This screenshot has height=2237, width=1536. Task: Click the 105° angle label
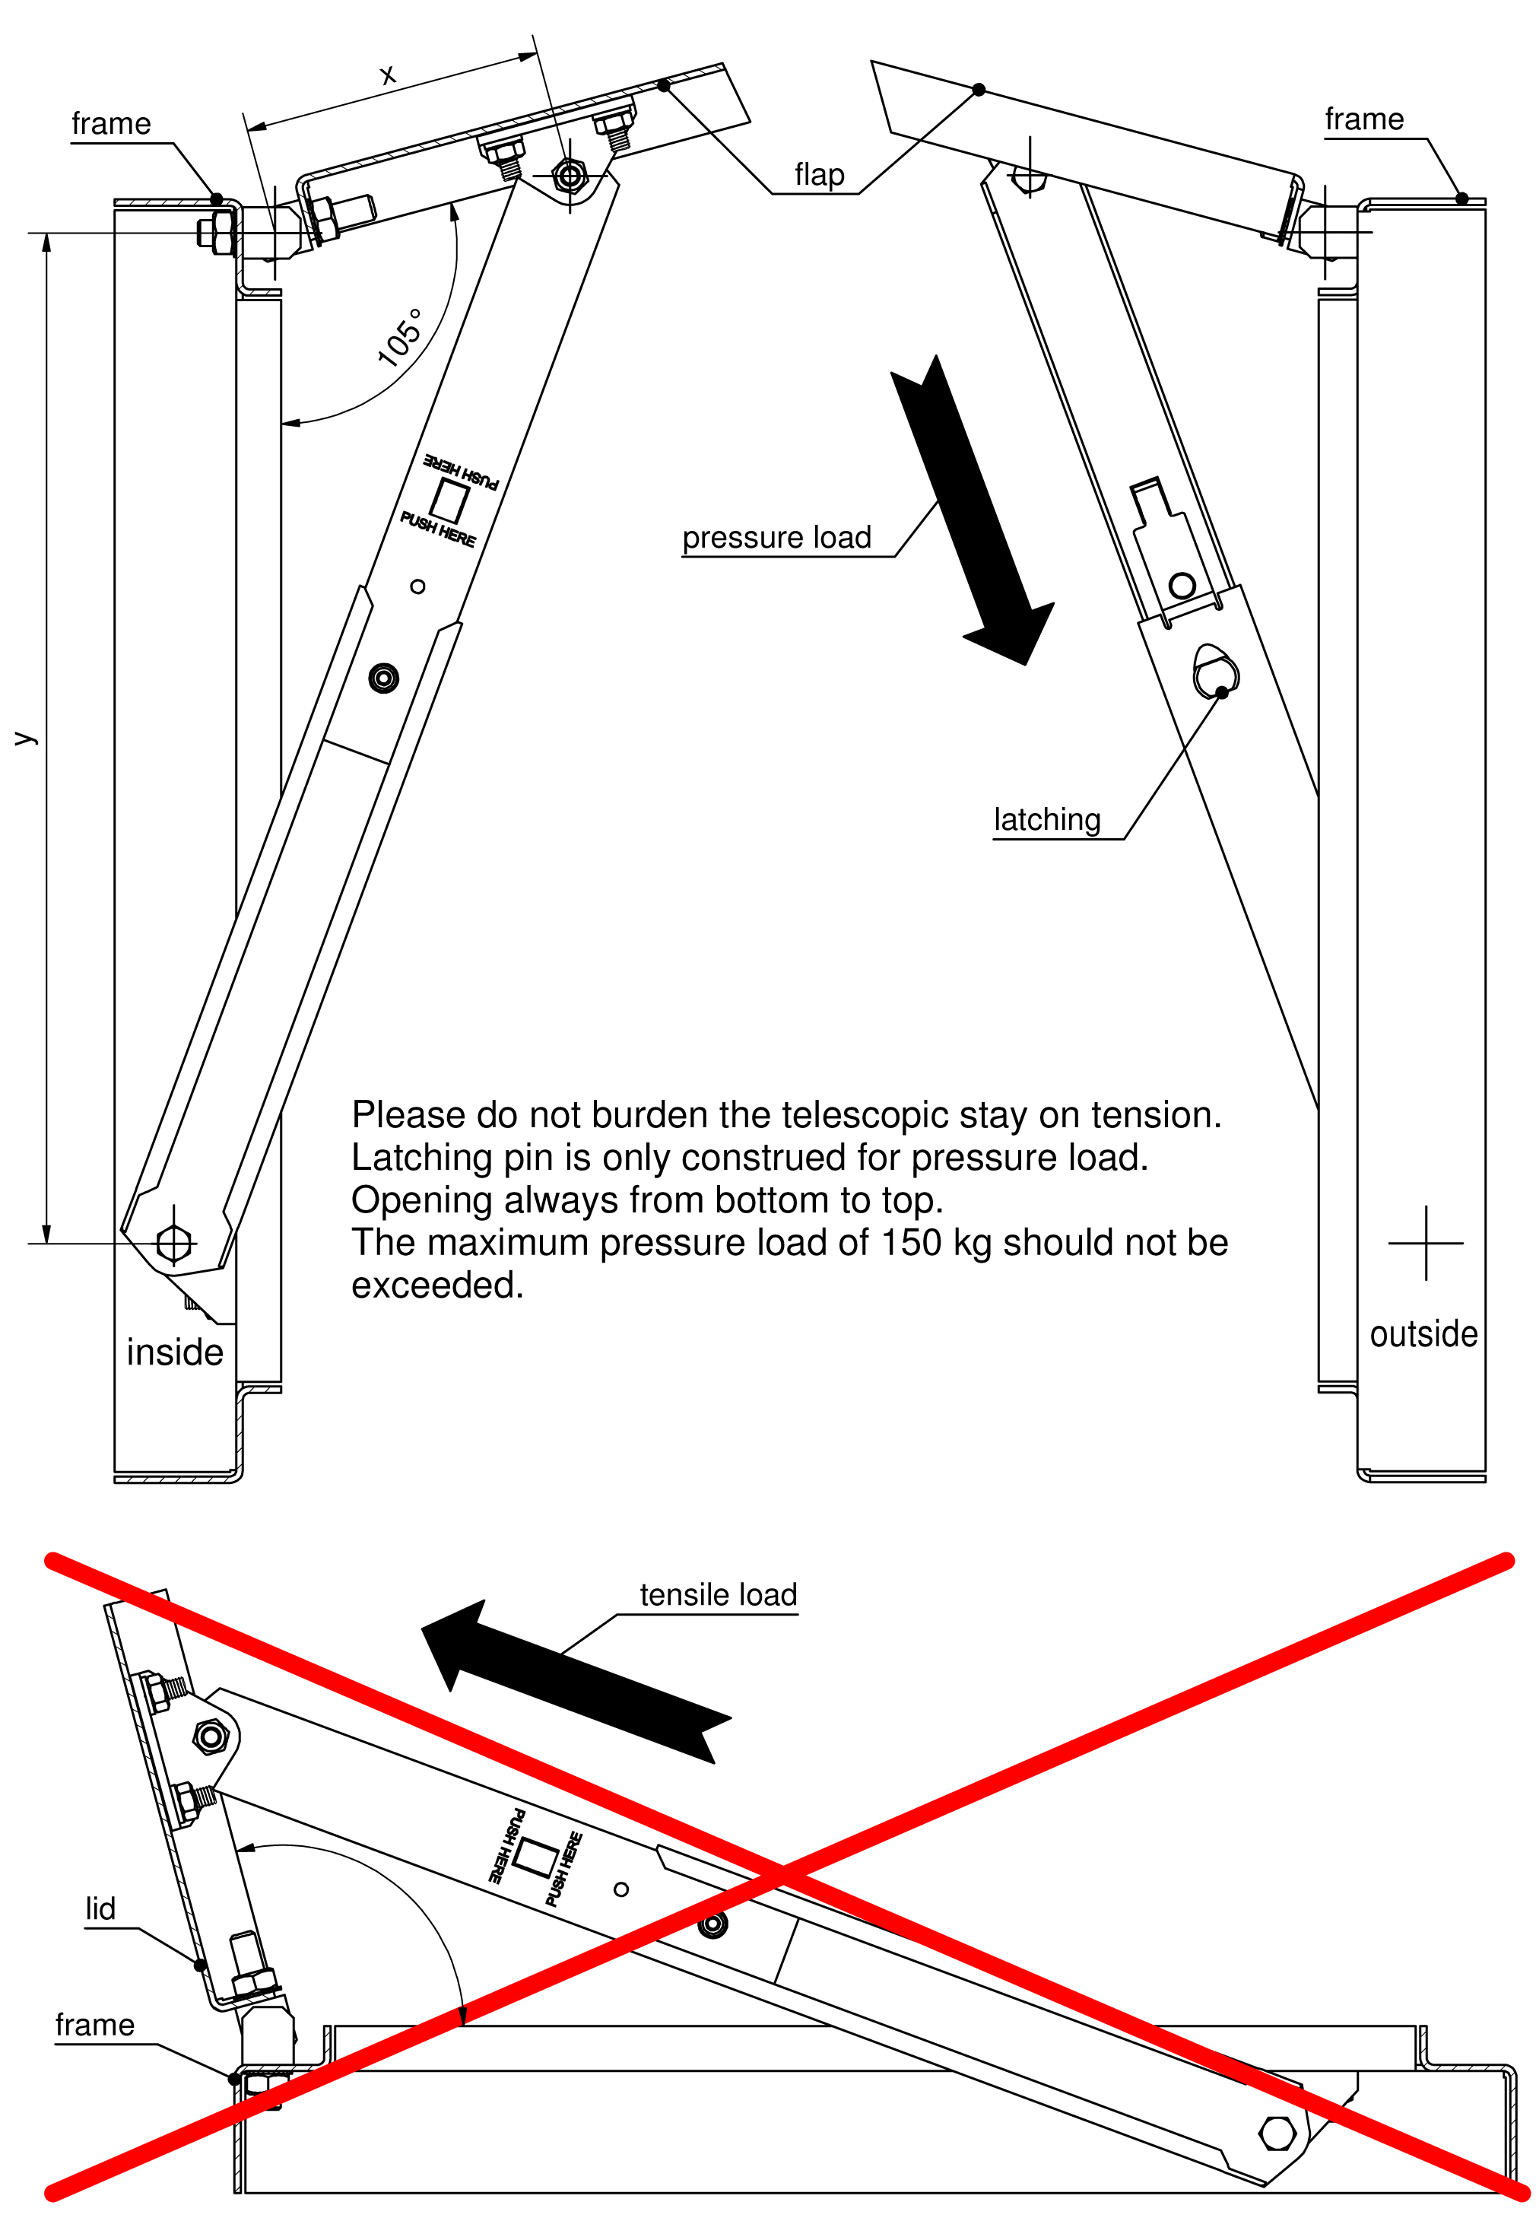click(x=399, y=338)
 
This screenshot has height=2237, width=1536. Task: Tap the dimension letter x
click(x=387, y=75)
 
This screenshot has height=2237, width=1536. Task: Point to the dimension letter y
click(x=24, y=739)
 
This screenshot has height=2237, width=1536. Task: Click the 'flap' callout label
click(x=819, y=175)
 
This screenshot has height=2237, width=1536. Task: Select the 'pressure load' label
click(x=776, y=537)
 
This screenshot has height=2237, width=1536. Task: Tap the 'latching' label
click(x=1046, y=820)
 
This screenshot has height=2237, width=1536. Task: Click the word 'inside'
click(x=174, y=1352)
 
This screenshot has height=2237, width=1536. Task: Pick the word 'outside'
click(x=1423, y=1334)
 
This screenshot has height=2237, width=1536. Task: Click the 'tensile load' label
click(x=718, y=1595)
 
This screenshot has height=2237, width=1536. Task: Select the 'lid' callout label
click(x=100, y=1908)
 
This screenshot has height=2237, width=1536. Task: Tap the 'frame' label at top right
click(x=1363, y=119)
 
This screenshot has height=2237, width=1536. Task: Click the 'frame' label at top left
click(x=111, y=124)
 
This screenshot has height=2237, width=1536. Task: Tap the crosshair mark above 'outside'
click(x=1425, y=1243)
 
